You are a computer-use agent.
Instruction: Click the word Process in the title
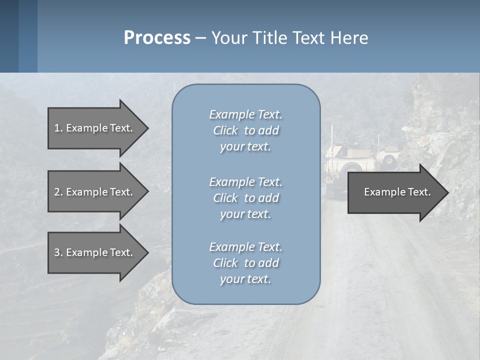point(157,38)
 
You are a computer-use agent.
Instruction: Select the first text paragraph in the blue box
point(245,130)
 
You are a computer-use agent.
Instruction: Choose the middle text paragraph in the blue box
point(245,198)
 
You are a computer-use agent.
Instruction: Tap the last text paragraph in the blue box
point(245,263)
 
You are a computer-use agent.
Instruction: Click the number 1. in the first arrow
point(58,128)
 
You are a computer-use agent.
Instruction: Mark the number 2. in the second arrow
point(58,192)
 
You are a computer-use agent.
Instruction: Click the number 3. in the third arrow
point(58,252)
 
